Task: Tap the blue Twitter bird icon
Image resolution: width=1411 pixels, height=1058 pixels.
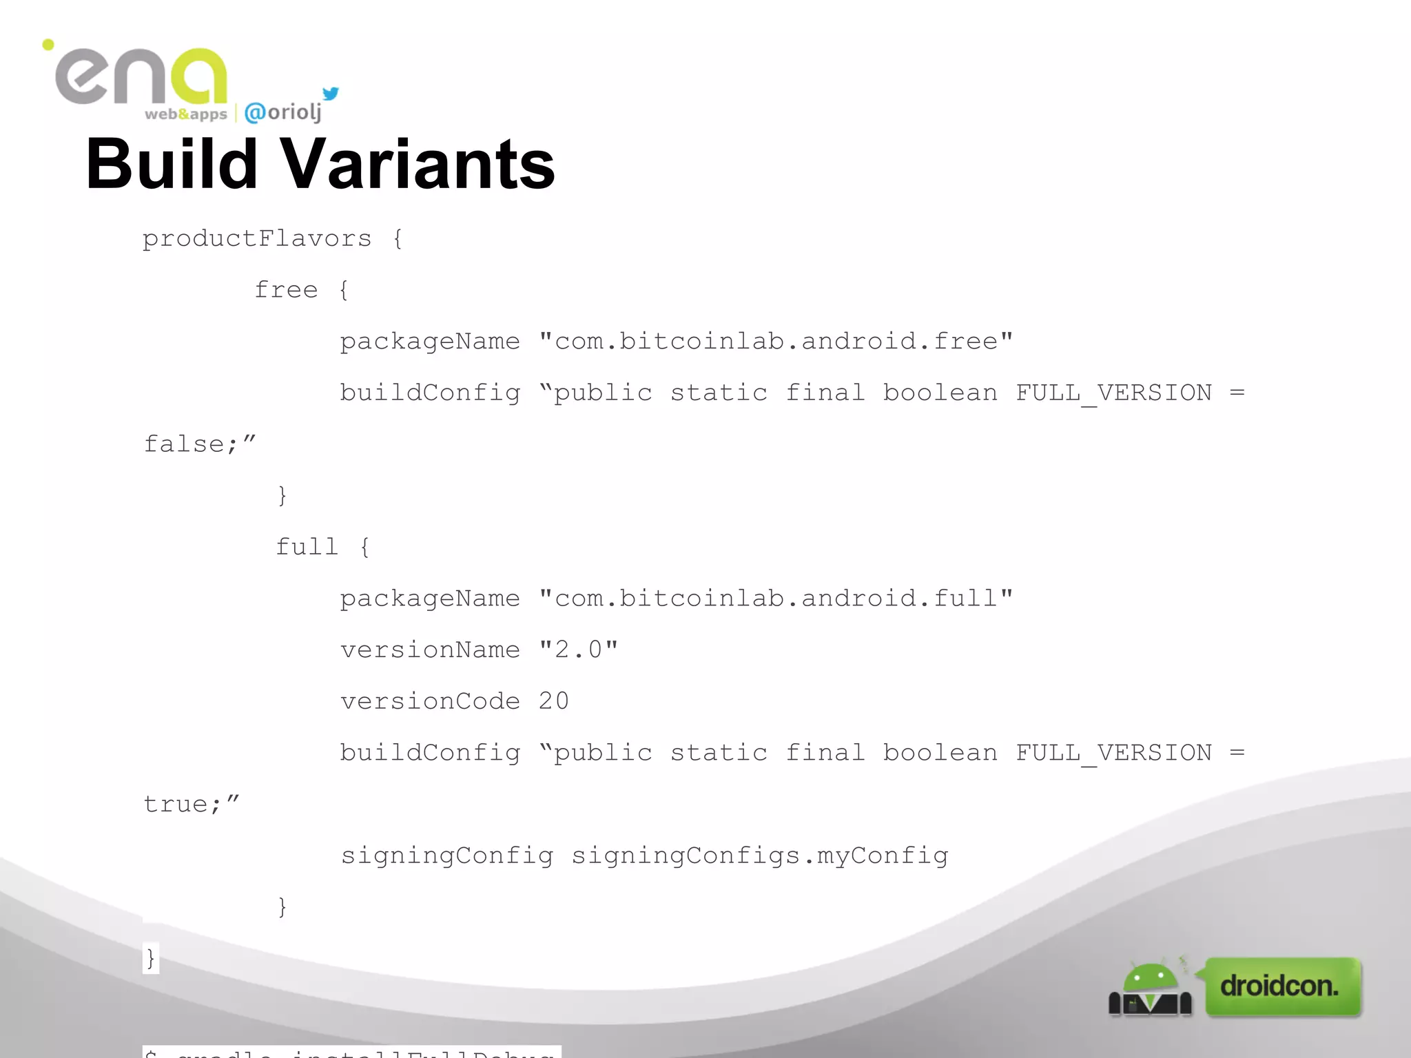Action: coord(331,94)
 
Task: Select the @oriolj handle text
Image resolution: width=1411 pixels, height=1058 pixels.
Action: coord(283,112)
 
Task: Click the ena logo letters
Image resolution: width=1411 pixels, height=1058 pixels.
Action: coord(141,76)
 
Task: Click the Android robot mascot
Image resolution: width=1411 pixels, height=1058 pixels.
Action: coord(1149,989)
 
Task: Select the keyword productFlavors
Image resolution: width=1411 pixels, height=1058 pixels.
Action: coord(257,238)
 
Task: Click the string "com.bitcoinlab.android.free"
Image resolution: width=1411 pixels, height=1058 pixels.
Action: coord(776,341)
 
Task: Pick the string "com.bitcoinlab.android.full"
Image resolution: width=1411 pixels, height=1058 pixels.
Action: coord(776,598)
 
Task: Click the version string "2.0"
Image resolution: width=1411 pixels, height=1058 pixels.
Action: coord(578,650)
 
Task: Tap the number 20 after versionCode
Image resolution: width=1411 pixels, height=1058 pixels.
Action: coord(553,701)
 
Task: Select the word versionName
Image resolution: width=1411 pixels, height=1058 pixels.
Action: coord(430,650)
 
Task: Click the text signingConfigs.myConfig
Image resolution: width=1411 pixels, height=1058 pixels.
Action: coord(760,855)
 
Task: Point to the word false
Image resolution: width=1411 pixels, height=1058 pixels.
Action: coord(184,444)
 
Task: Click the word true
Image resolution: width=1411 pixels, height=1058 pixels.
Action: coord(176,804)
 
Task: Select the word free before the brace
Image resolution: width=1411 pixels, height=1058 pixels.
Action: coord(286,290)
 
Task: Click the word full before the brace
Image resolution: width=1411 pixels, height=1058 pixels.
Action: coord(307,547)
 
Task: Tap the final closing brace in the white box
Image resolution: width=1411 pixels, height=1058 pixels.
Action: coord(150,958)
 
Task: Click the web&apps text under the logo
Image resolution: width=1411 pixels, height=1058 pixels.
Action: coord(185,114)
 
